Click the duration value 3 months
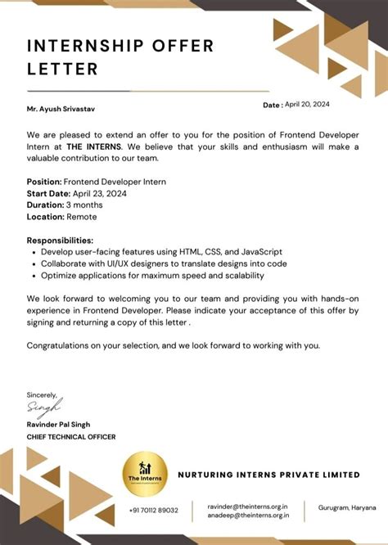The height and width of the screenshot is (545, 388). pyautogui.click(x=86, y=205)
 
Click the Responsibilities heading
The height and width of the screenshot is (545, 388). pyautogui.click(x=60, y=241)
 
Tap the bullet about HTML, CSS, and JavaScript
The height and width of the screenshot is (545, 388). pyautogui.click(x=156, y=252)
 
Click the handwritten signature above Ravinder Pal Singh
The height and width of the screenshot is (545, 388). pyautogui.click(x=44, y=407)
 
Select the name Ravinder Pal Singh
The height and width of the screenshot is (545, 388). pyautogui.click(x=58, y=424)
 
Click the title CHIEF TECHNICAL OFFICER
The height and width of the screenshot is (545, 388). pyautogui.click(x=71, y=436)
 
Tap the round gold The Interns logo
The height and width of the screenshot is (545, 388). pyautogui.click(x=145, y=474)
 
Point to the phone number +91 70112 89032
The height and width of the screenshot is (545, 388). pyautogui.click(x=153, y=510)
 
